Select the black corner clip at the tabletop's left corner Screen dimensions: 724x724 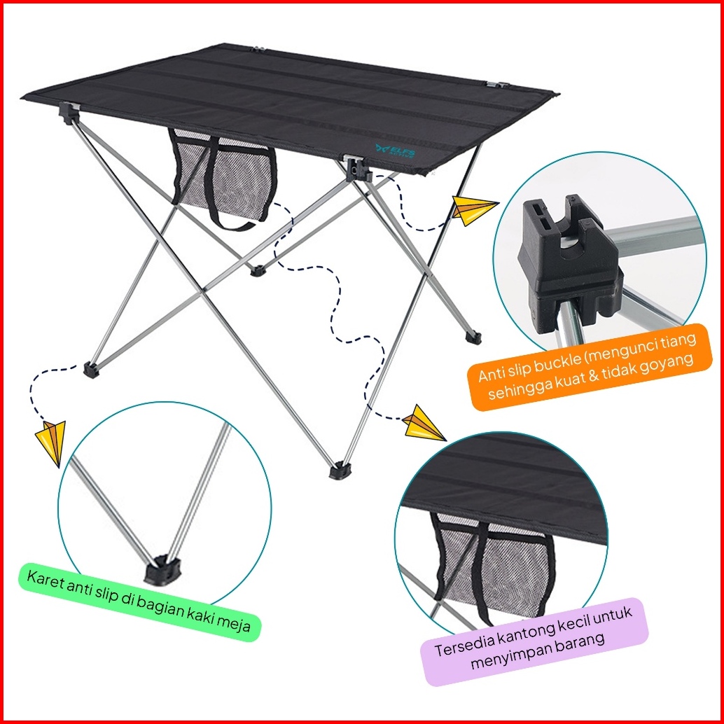pyautogui.click(x=68, y=112)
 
